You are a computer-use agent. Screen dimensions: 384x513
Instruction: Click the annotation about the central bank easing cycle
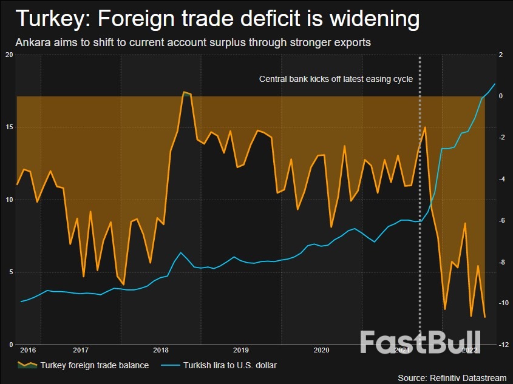[x=336, y=79]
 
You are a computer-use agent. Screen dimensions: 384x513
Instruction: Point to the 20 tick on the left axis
[x=8, y=55]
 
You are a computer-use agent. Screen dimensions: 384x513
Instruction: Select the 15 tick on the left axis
[x=8, y=127]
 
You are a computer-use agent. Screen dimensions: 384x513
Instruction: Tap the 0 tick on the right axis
[x=501, y=96]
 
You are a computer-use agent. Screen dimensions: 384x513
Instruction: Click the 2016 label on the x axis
[x=27, y=350]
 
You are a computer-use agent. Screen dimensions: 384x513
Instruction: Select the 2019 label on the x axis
[x=241, y=350]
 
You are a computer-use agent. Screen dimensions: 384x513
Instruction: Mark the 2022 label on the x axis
[x=469, y=350]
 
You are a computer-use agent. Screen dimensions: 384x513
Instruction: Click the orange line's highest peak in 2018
[x=184, y=92]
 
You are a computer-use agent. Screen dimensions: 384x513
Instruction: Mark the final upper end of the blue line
[x=495, y=84]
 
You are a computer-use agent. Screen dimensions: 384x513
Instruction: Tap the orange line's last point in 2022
[x=484, y=317]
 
